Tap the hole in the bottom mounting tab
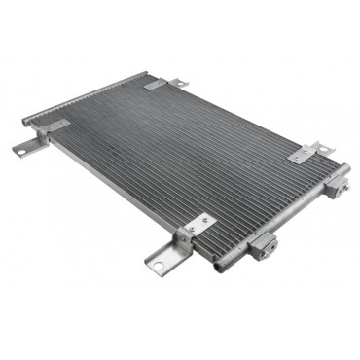[x=156, y=260]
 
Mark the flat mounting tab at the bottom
[x=161, y=259]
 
